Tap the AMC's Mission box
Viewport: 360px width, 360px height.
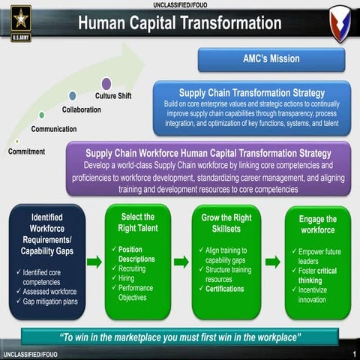[x=271, y=59]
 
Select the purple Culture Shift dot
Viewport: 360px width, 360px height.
[x=106, y=83]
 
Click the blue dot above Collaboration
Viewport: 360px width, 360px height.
[x=72, y=96]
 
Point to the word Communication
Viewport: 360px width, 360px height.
[x=53, y=129]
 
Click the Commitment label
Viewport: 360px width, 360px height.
[x=26, y=151]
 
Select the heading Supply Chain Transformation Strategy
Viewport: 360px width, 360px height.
[x=251, y=92]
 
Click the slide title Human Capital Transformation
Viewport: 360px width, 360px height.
[x=179, y=23]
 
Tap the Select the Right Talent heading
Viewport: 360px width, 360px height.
[x=137, y=223]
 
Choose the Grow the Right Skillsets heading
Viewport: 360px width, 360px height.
[x=226, y=223]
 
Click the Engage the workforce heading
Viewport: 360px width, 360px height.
[x=317, y=224]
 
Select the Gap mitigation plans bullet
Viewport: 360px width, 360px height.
[x=49, y=301]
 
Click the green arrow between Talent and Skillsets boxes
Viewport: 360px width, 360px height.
[x=181, y=262]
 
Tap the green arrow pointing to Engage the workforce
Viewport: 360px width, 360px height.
[x=273, y=262]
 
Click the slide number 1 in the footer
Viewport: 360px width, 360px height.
[x=352, y=352]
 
